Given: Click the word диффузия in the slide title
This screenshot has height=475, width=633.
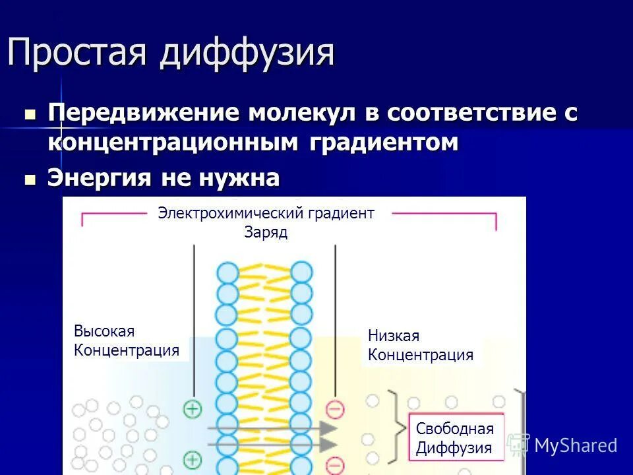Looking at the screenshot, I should tap(247, 53).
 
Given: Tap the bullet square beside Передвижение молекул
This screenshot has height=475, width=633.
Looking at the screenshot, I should tap(30, 114).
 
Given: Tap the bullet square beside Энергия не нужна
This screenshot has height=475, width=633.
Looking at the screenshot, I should tap(30, 179).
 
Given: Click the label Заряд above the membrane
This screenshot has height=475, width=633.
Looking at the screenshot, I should tap(266, 233).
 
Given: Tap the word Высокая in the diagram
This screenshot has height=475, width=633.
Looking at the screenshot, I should tap(104, 331).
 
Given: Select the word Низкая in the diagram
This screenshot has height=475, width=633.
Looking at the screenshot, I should tap(394, 336).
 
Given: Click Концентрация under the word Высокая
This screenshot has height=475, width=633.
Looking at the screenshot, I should tap(127, 350).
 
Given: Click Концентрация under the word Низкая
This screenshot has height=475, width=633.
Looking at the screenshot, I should tap(421, 355).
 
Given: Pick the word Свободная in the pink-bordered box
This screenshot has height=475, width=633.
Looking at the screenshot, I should tap(455, 428).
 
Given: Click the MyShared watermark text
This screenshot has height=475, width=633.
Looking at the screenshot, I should tap(575, 445).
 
